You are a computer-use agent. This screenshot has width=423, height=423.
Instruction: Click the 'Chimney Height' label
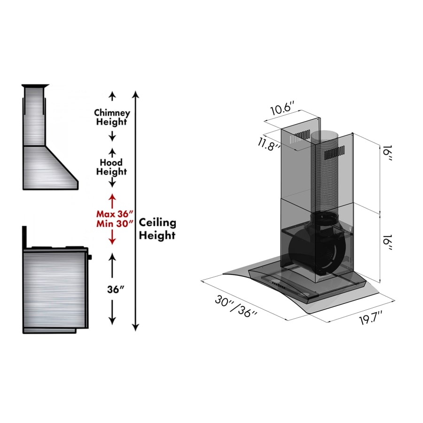coord(112,117)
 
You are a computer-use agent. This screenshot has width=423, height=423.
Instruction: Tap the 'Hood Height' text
coord(111,167)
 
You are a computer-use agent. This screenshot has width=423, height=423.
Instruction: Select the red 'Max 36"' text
coord(115,214)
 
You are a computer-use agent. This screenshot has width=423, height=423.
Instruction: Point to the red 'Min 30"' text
coord(115,224)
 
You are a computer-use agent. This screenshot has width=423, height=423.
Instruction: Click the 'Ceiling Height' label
coord(157,229)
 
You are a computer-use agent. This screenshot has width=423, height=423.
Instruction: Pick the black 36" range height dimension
coord(116,290)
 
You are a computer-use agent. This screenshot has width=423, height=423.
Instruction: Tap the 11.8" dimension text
coord(268,144)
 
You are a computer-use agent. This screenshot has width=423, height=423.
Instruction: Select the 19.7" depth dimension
coord(371,318)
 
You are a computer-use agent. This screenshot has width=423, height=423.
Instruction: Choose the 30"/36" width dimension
coord(236,306)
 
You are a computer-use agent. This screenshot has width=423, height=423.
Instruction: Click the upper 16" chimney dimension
coord(387,153)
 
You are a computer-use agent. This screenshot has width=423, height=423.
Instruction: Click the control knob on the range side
coord(90,257)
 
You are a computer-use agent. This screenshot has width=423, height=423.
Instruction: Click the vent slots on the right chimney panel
coord(335,153)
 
